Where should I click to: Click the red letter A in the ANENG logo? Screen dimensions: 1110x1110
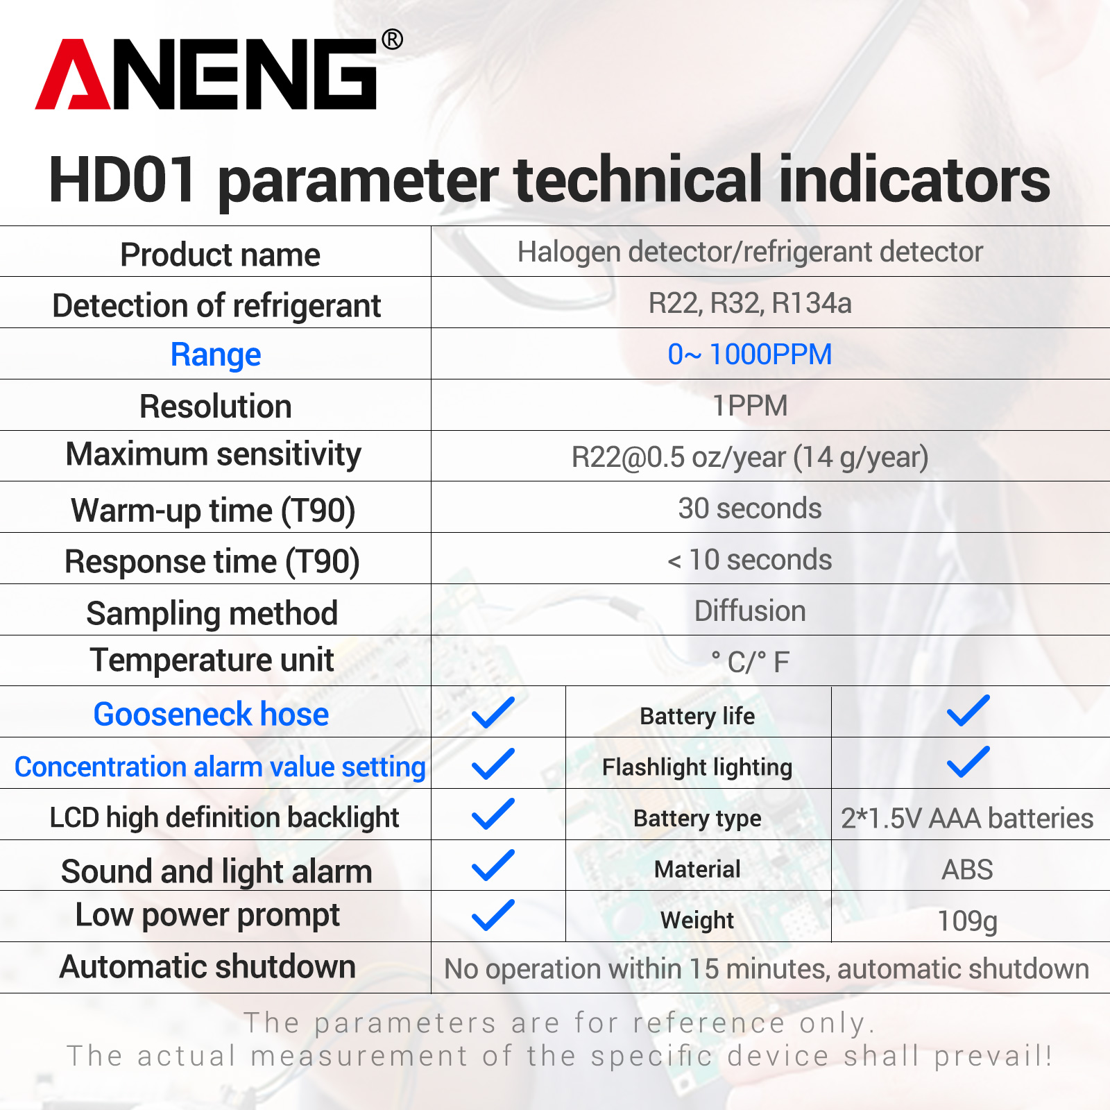[x=73, y=75]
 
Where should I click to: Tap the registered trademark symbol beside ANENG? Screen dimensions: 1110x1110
[x=392, y=40]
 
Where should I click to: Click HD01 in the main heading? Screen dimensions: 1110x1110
[x=123, y=180]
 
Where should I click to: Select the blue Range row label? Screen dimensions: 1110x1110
[x=216, y=355]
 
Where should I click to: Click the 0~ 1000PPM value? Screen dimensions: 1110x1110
[x=750, y=355]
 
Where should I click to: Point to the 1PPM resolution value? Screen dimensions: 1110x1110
[x=750, y=406]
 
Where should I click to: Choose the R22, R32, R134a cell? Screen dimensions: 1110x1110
[x=750, y=303]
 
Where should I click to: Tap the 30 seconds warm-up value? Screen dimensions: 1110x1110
[x=750, y=509]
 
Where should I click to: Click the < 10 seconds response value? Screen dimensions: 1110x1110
[x=750, y=560]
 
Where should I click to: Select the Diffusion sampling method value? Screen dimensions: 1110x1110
[x=750, y=611]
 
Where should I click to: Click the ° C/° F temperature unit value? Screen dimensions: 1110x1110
[x=750, y=662]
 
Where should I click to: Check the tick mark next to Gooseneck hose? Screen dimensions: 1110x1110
[x=493, y=712]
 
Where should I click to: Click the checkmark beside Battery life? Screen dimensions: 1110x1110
[x=968, y=710]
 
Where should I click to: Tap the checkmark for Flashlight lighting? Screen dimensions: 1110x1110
[x=968, y=762]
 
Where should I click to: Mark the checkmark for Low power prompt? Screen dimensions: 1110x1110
[x=493, y=915]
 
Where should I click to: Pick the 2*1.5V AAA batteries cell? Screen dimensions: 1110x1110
[x=967, y=819]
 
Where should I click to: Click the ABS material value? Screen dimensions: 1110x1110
[x=967, y=870]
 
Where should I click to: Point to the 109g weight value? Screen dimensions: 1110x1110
[x=967, y=921]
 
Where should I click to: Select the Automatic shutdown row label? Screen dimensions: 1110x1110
[x=207, y=966]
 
